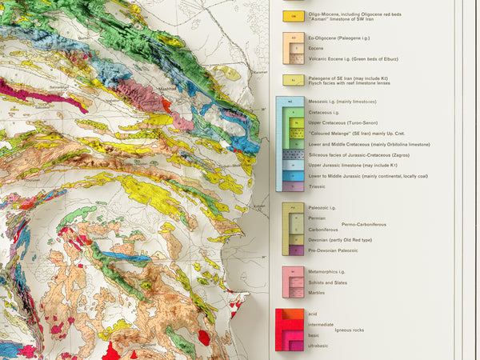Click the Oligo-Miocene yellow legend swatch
pos(294,16)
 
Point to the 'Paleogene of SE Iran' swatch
pos(294,80)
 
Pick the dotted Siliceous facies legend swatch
pos(294,154)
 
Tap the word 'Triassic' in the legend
pos(318,186)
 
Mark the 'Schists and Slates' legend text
pos(329,282)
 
